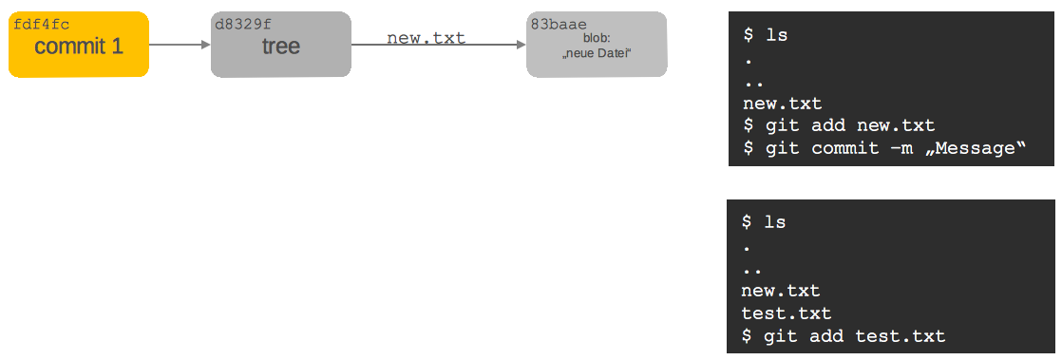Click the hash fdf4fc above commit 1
coord(41,24)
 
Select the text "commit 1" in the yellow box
coord(79,46)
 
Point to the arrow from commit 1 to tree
coord(180,45)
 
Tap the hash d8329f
coord(243,24)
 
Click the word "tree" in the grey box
coord(281,47)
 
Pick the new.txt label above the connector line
coord(426,38)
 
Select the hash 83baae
coord(559,24)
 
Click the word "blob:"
coord(597,38)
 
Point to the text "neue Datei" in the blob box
coord(597,54)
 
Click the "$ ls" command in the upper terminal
coord(765,35)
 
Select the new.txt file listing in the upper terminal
coord(782,104)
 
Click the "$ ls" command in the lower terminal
coord(764,222)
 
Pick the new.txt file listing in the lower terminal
coord(781,291)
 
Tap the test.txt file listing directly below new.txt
coord(787,313)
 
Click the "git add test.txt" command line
coord(844,335)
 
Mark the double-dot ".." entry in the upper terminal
coord(753,82)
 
